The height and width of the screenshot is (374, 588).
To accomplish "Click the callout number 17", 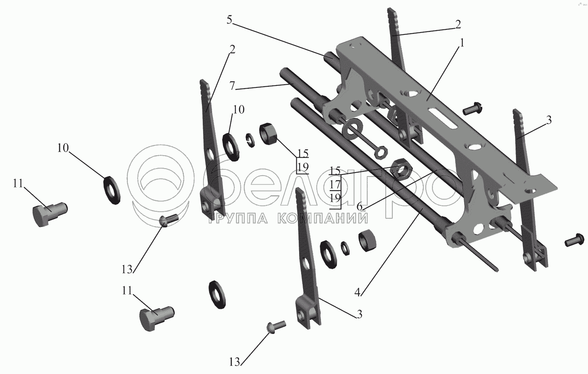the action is click(x=335, y=185).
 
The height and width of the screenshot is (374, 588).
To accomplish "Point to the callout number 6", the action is click(x=359, y=207).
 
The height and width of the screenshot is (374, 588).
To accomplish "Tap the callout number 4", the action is click(x=358, y=292).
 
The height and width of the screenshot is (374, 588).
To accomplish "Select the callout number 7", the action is click(x=232, y=86).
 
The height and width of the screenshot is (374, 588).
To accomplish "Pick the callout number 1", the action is click(x=462, y=42).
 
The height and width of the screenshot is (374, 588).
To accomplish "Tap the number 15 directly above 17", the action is click(x=335, y=171).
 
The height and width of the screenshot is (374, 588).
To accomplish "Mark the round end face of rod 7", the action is click(x=284, y=71).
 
